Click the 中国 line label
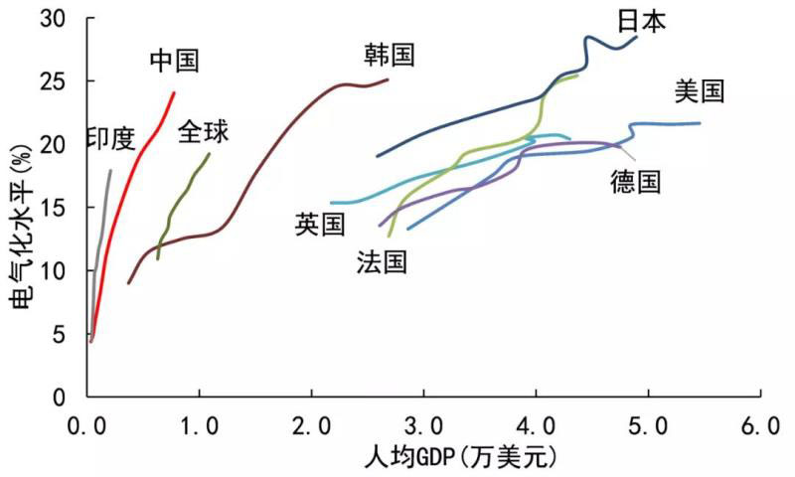[x=175, y=61]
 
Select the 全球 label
[x=203, y=131]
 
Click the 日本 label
[x=641, y=21]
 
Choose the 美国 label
[x=699, y=92]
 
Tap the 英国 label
[x=320, y=225]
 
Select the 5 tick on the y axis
[x=63, y=334]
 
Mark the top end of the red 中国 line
[x=174, y=92]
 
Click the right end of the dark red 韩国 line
[x=388, y=79]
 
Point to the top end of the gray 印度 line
[x=110, y=171]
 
